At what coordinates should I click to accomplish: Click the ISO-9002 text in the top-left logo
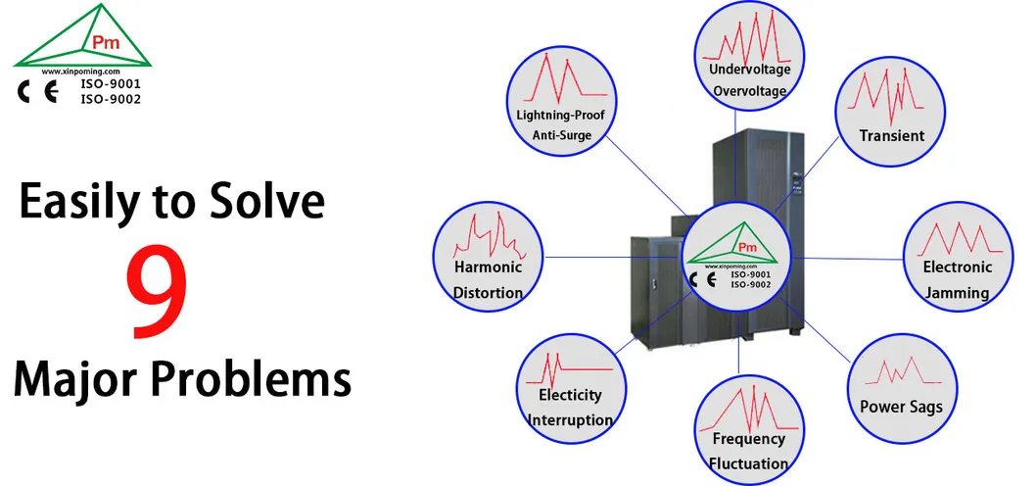[x=110, y=99]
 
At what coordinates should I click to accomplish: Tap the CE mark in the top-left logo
[x=39, y=93]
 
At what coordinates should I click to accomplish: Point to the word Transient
[x=891, y=135]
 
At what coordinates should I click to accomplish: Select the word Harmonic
[x=487, y=267]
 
